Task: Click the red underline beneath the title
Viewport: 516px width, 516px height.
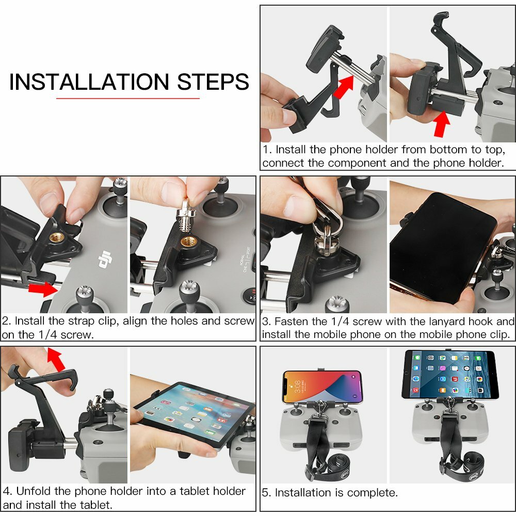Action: coord(127,98)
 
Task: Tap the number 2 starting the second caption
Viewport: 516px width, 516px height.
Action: coord(6,321)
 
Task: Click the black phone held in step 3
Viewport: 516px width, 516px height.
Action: coord(439,248)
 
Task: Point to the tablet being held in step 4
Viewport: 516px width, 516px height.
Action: coord(196,413)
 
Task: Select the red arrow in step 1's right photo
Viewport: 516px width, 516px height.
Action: coord(440,124)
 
